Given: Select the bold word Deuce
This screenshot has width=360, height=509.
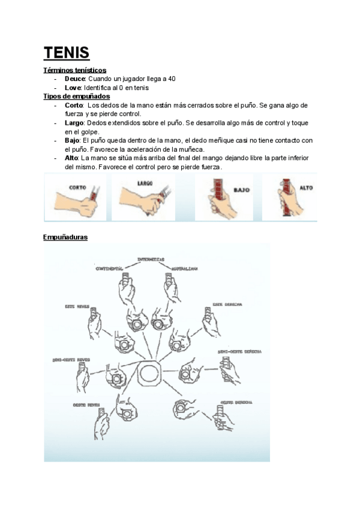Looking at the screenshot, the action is [x=75, y=79].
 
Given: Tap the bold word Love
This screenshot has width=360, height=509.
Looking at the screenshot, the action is [x=73, y=88].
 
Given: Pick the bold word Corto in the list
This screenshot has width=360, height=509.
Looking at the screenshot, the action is [x=74, y=105].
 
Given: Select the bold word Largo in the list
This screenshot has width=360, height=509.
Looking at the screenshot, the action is [x=74, y=122].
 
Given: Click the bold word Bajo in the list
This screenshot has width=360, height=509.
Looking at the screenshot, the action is [x=73, y=140].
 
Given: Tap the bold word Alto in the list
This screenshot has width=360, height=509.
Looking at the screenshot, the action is [x=71, y=157].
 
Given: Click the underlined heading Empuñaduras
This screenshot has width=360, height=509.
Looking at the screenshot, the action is [x=65, y=238].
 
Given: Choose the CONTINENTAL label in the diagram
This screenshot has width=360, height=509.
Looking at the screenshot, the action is [x=113, y=269].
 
